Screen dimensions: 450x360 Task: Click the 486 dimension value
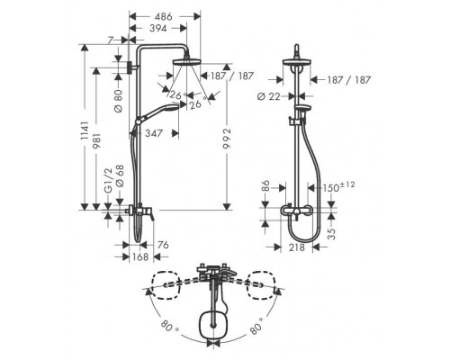pyautogui.click(x=165, y=16)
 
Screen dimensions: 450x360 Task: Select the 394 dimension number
pyautogui.click(x=157, y=28)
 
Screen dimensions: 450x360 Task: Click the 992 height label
pyautogui.click(x=227, y=139)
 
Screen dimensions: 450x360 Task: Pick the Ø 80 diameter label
pyautogui.click(x=119, y=101)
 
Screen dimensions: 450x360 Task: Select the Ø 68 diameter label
pyautogui.click(x=120, y=176)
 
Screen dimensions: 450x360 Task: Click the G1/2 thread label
pyautogui.click(x=108, y=180)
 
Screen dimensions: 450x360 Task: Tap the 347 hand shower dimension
pyautogui.click(x=154, y=133)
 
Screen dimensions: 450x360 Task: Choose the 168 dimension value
pyautogui.click(x=140, y=257)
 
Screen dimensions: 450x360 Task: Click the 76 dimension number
pyautogui.click(x=163, y=245)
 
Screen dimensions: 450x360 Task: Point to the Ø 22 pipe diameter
pyautogui.click(x=269, y=96)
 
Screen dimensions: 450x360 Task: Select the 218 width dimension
pyautogui.click(x=296, y=247)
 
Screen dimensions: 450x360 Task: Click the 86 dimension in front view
pyautogui.click(x=265, y=187)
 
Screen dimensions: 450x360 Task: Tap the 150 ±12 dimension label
pyautogui.click(x=338, y=186)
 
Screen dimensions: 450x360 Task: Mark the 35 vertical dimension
pyautogui.click(x=331, y=233)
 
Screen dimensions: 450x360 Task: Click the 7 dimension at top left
pyautogui.click(x=111, y=40)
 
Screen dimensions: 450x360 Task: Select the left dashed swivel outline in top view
pyautogui.click(x=166, y=285)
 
